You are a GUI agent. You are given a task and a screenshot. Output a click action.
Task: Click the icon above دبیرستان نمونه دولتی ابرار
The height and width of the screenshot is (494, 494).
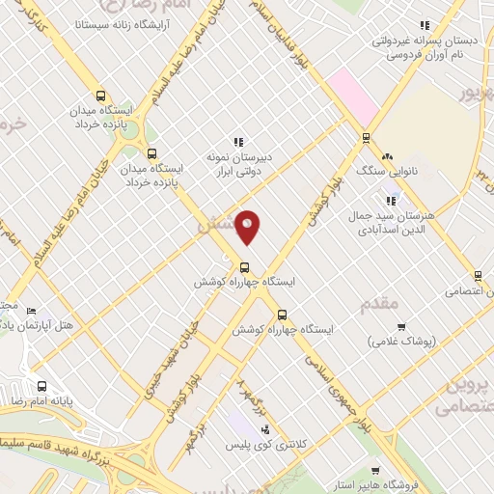[238, 141]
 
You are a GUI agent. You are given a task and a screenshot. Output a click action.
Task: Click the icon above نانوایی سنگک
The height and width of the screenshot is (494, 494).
[387, 156]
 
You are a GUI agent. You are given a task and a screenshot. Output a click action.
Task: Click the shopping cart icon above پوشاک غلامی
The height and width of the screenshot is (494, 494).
[401, 326]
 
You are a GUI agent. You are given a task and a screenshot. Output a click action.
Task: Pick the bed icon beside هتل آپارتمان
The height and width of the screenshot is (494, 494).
[31, 311]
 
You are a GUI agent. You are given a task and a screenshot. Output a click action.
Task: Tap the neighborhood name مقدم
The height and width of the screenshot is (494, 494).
[380, 303]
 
